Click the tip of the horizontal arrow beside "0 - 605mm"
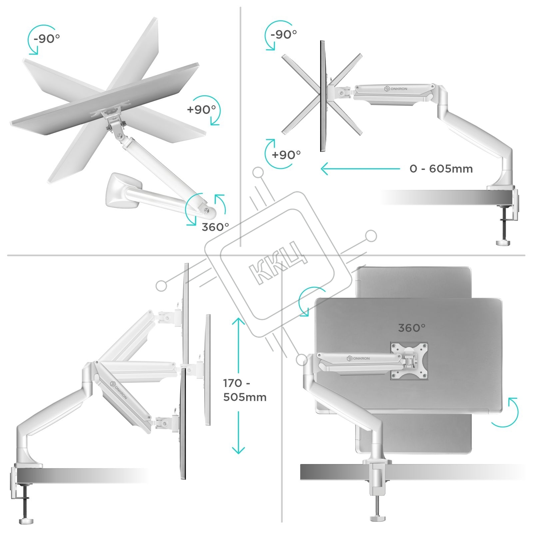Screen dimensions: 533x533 (321, 169)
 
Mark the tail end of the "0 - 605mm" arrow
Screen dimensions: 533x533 (400, 169)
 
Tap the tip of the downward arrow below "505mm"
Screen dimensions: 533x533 (238, 454)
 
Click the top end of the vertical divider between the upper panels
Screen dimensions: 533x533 (240, 7)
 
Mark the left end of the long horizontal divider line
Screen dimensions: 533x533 (7, 256)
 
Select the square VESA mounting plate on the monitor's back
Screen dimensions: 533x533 (409, 361)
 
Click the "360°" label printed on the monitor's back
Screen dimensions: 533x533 (412, 328)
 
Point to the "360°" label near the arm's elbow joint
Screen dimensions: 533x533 (215, 227)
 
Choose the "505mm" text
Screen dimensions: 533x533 (245, 397)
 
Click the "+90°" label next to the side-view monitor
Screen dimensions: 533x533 (286, 155)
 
